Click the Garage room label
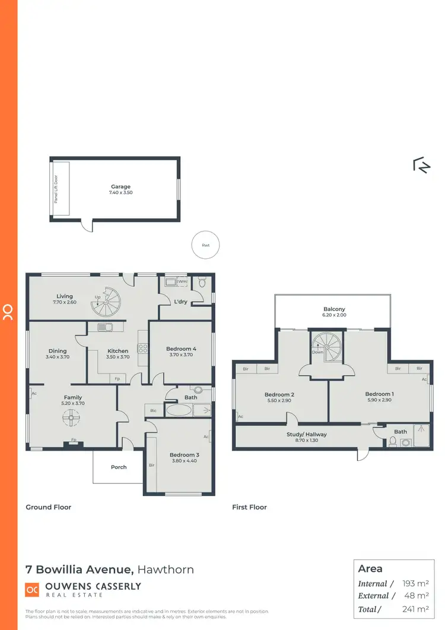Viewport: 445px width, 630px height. pyautogui.click(x=120, y=187)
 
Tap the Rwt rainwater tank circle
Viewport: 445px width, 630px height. pyautogui.click(x=205, y=245)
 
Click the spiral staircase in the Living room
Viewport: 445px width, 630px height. pyautogui.click(x=105, y=302)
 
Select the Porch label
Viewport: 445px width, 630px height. pyautogui.click(x=119, y=467)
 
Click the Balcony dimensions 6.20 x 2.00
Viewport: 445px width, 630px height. pyautogui.click(x=334, y=315)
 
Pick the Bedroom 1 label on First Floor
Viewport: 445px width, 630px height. pyautogui.click(x=379, y=394)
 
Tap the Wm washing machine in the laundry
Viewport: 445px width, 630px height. pyautogui.click(x=182, y=281)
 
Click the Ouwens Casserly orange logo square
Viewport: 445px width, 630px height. pyautogui.click(x=31, y=589)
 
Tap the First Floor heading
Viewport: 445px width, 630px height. pyautogui.click(x=249, y=507)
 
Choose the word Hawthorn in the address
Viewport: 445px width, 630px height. pyautogui.click(x=166, y=569)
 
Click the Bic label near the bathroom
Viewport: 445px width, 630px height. pyautogui.click(x=153, y=410)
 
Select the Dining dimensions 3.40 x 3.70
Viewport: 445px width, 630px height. pyautogui.click(x=58, y=357)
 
